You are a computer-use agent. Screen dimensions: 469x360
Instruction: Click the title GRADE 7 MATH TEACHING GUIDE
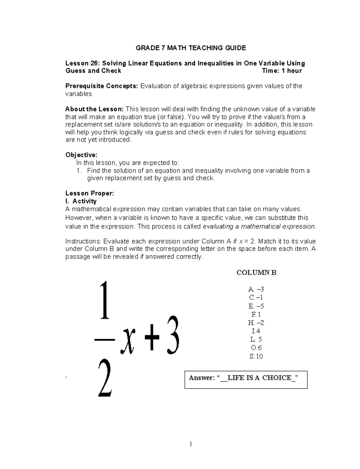[191, 48]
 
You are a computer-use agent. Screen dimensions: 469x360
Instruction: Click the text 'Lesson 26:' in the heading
[82, 63]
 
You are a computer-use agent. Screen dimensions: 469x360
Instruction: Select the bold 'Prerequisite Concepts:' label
[102, 86]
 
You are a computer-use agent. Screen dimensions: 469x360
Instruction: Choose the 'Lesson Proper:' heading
[89, 193]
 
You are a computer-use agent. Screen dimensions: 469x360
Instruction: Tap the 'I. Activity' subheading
[81, 201]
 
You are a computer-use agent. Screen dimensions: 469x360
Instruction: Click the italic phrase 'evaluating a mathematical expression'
[259, 227]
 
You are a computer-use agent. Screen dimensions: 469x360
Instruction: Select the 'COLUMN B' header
[256, 273]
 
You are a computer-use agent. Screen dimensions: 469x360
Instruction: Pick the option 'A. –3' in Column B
[256, 289]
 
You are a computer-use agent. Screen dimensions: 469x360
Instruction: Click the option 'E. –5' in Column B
[256, 306]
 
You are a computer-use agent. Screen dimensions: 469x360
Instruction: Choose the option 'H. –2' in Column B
[256, 323]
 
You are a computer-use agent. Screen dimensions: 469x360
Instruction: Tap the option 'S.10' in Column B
[256, 357]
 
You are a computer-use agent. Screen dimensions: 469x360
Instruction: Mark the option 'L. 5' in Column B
[256, 340]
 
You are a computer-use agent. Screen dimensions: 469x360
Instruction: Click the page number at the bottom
[190, 444]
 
